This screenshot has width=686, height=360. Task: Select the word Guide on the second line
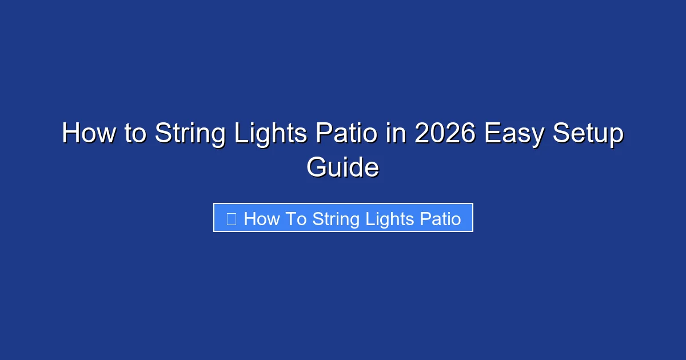[x=342, y=168]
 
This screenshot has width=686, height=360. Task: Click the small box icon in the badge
[x=232, y=218]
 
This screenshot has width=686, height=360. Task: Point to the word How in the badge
[x=261, y=218]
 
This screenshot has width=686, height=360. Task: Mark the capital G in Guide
[x=318, y=168]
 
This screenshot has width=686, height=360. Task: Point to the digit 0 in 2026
[x=438, y=134]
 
